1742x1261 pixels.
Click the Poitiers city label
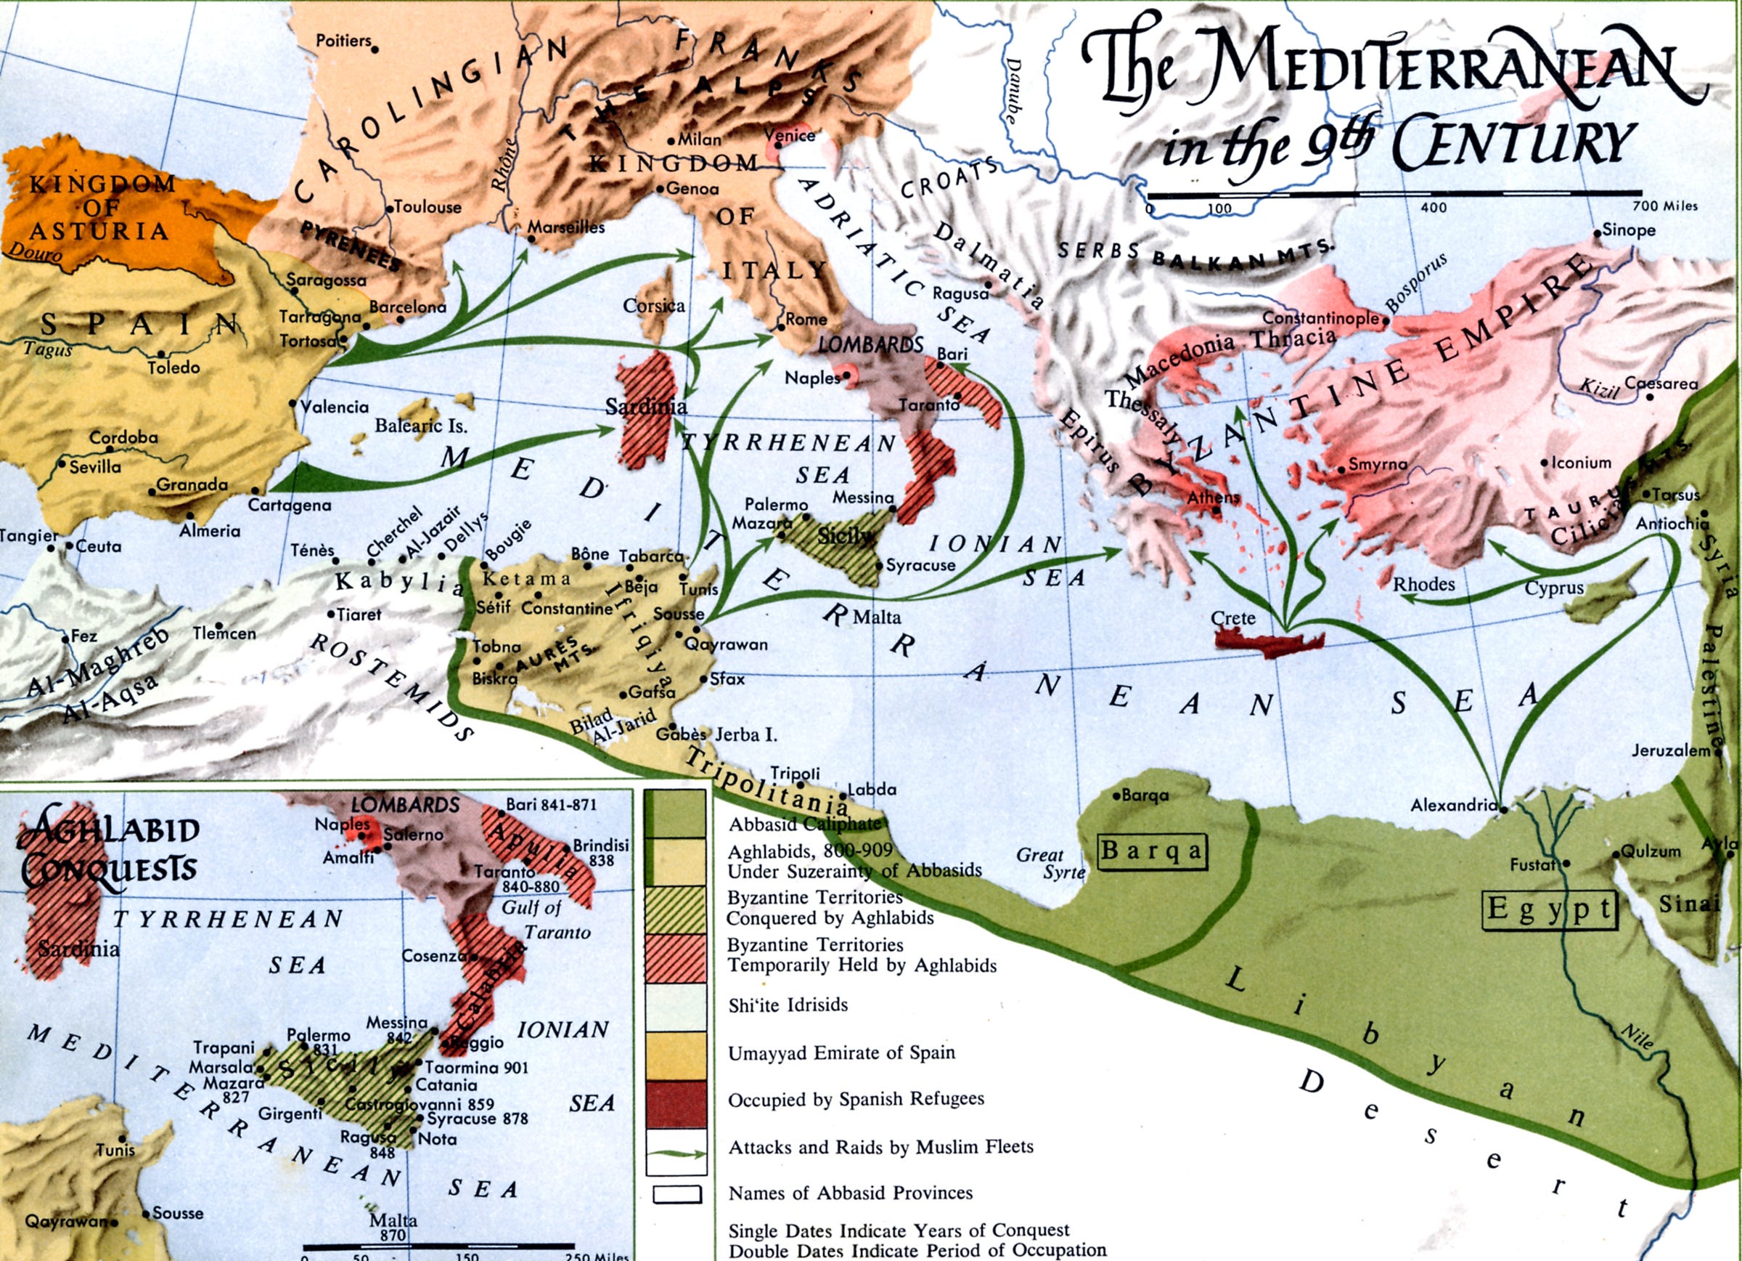click(343, 41)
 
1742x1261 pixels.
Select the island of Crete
click(1268, 642)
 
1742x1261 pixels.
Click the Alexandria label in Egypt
click(1453, 806)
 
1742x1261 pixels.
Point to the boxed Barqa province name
click(1151, 851)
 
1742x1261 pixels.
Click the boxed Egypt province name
click(1550, 911)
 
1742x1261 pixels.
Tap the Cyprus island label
click(1554, 588)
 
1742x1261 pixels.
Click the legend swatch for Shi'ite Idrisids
click(675, 1006)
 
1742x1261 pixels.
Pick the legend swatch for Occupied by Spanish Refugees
click(675, 1103)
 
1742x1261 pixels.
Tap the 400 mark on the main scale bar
click(1434, 208)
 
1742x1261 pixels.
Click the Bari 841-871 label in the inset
click(551, 806)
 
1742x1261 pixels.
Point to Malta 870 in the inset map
click(393, 1226)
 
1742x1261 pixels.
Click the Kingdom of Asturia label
click(100, 208)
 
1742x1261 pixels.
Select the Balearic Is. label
click(420, 426)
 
